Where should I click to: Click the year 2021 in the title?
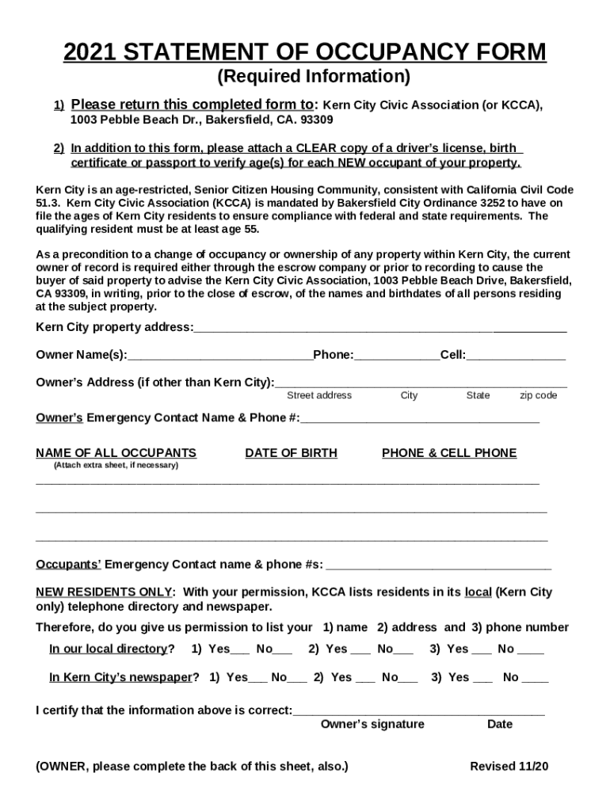click(90, 52)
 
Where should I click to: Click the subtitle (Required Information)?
click(314, 77)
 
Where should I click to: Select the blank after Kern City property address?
click(380, 328)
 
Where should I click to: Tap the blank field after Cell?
click(516, 355)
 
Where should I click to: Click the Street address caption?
click(319, 395)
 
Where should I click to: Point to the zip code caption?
click(538, 395)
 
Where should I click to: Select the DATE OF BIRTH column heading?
click(291, 453)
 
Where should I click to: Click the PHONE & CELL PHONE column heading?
click(449, 453)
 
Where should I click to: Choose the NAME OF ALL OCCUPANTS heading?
click(116, 453)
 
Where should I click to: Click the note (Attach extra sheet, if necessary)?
click(116, 466)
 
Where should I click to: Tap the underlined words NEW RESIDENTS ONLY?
click(104, 592)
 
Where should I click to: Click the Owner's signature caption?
click(372, 724)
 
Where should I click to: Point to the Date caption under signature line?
click(500, 724)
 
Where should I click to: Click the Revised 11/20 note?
click(509, 767)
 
